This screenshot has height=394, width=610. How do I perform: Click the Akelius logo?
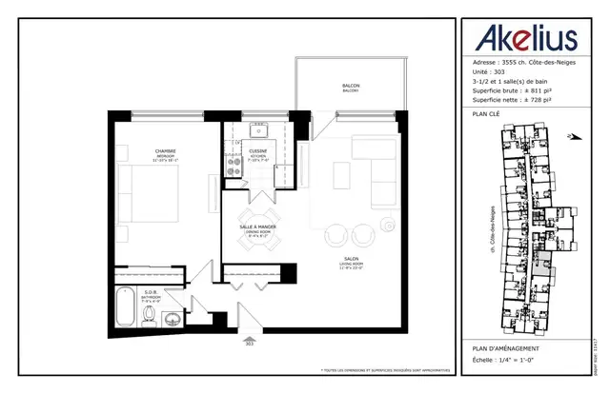(x=521, y=40)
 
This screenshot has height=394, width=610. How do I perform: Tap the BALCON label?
(x=351, y=89)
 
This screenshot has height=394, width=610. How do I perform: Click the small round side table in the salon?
(x=388, y=225)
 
